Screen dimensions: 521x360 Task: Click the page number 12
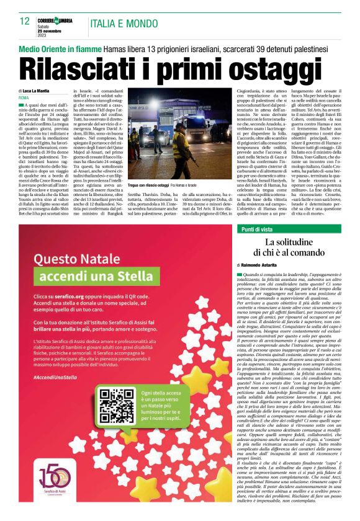25,21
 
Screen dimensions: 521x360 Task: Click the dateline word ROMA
24,98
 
